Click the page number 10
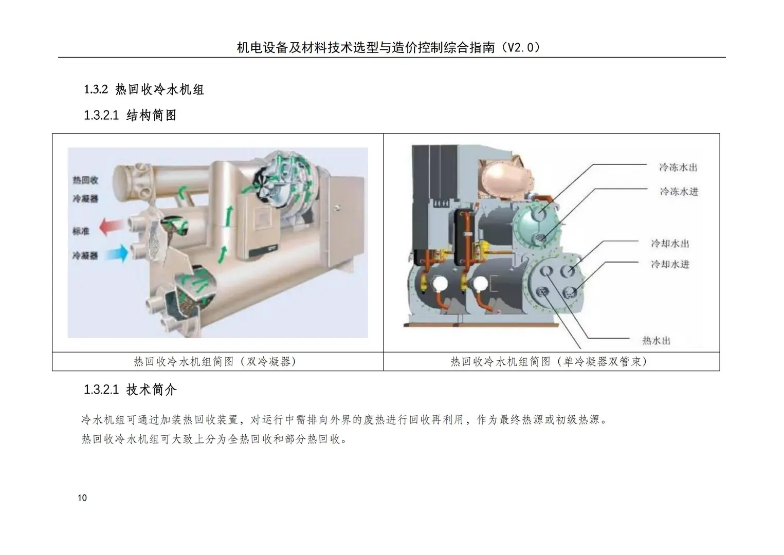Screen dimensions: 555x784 [x=82, y=497]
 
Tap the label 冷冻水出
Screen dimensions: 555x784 [x=679, y=167]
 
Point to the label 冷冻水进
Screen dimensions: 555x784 [x=679, y=191]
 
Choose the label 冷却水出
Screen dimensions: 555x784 [x=670, y=243]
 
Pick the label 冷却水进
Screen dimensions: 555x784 [x=670, y=264]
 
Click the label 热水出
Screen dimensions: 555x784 [x=656, y=340]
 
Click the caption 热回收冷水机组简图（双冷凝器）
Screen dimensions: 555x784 [x=215, y=361]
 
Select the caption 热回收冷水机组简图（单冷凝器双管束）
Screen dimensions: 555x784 [x=549, y=361]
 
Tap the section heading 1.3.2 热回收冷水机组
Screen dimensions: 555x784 [x=144, y=89]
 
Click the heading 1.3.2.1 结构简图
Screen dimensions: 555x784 [x=130, y=115]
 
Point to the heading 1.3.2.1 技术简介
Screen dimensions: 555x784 [x=130, y=390]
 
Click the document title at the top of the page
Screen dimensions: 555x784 [x=388, y=47]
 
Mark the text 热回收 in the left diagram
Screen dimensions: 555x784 [x=85, y=180]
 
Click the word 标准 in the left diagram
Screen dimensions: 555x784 [x=81, y=231]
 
